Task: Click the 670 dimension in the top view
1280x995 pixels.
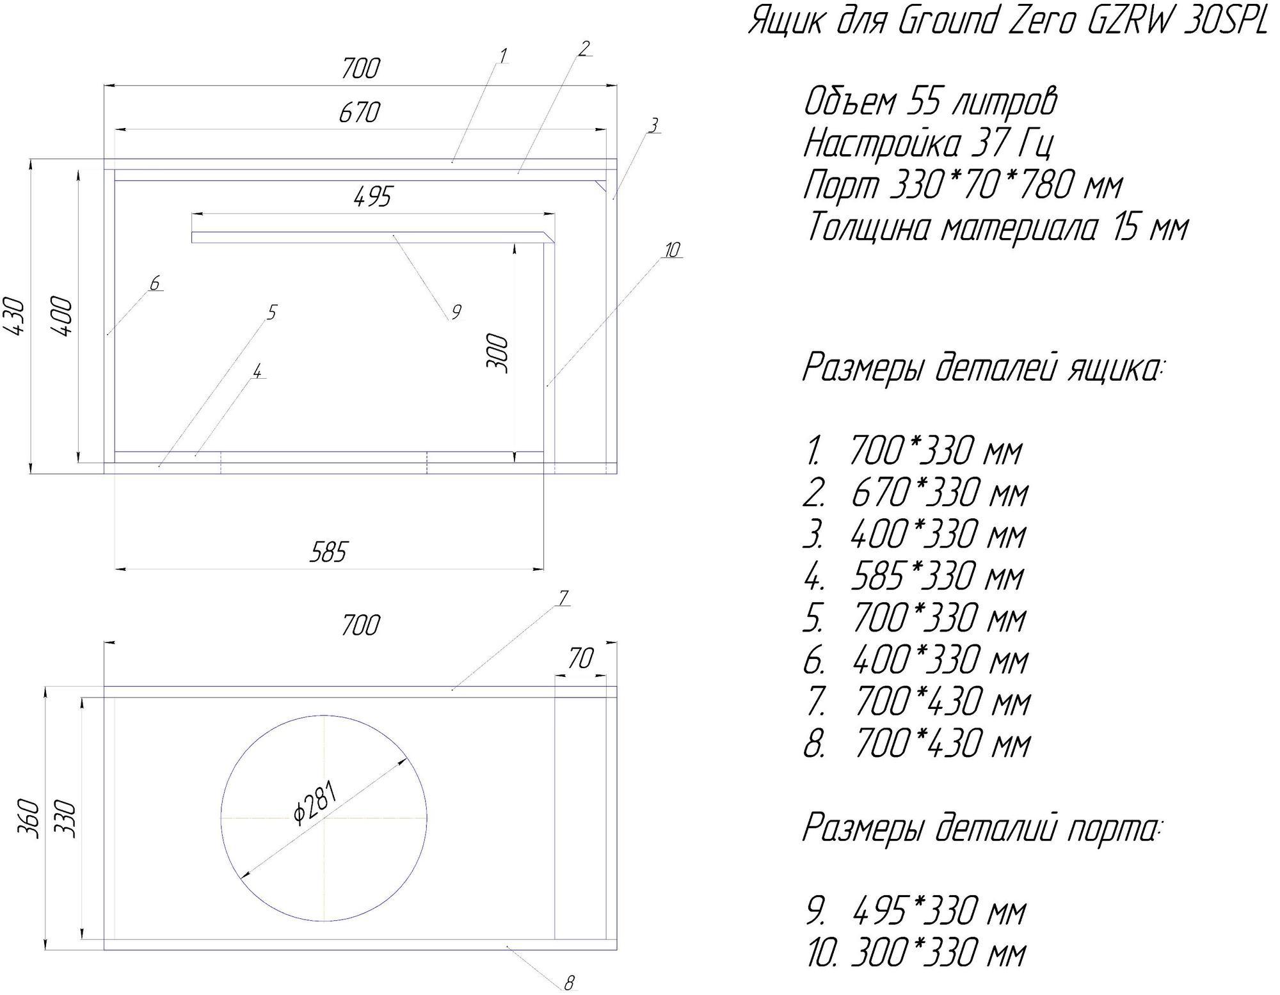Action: tap(360, 113)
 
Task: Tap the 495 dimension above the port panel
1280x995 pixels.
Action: tap(372, 197)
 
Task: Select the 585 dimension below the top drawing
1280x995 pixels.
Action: tap(329, 552)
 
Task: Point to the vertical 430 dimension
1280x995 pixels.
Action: tap(15, 316)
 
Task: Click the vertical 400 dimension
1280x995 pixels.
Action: tap(63, 316)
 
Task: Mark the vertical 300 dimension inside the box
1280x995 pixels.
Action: tap(497, 354)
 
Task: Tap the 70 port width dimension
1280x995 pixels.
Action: tap(580, 658)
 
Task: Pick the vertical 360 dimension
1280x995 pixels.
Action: tap(31, 818)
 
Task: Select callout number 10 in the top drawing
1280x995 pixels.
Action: tap(671, 250)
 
